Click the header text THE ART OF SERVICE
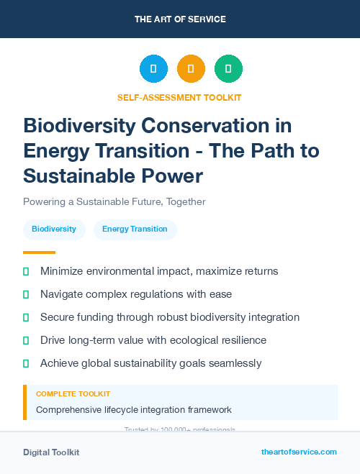click(x=180, y=19)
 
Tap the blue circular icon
click(x=153, y=69)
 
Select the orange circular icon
click(x=191, y=69)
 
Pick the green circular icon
click(x=228, y=69)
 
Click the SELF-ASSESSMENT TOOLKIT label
click(x=179, y=97)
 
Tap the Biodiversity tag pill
click(x=54, y=229)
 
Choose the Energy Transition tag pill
click(x=135, y=229)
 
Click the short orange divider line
click(x=39, y=252)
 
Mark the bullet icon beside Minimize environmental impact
click(x=26, y=271)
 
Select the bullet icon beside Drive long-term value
click(x=26, y=340)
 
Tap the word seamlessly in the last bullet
click(x=233, y=363)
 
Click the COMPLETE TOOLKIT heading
click(x=73, y=394)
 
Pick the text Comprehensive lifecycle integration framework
click(x=134, y=410)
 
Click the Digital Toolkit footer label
click(x=51, y=452)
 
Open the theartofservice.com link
click(x=299, y=452)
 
